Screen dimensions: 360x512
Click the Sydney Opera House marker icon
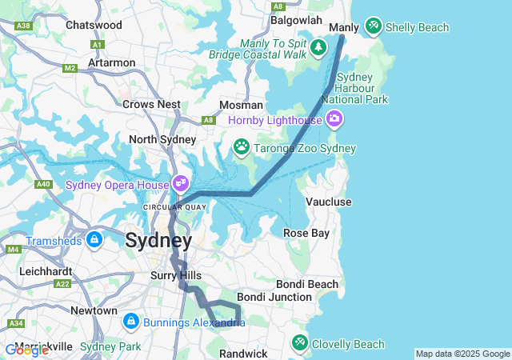181,184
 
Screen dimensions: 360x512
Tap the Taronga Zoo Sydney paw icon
241,147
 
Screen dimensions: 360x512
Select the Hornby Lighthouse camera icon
334,120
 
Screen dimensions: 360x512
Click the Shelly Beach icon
373,27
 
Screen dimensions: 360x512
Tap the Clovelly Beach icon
299,342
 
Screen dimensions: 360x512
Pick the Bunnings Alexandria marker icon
130,322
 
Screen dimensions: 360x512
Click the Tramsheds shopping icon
94,239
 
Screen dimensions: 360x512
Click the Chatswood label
94,25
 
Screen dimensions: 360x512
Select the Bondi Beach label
307,284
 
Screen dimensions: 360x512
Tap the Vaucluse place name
328,202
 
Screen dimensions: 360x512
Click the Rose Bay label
306,233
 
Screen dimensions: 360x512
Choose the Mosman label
241,105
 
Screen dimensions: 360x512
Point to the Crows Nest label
151,104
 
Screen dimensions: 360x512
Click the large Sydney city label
158,241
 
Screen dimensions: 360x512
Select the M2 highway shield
70,68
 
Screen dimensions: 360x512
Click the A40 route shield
44,184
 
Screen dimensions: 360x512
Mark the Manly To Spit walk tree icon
319,47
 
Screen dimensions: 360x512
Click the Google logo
26,350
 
